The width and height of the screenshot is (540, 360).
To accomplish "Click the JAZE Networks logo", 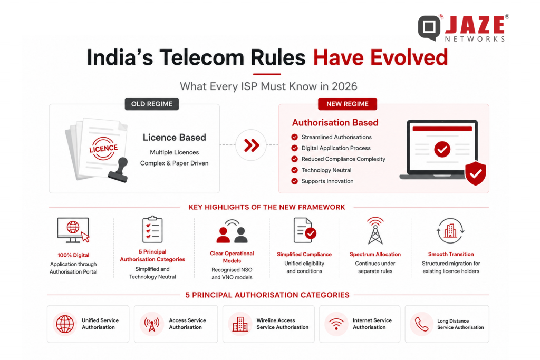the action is [463, 28].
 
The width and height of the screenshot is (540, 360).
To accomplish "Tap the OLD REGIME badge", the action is [151, 104].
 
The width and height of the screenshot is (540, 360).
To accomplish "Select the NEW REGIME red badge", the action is [347, 104].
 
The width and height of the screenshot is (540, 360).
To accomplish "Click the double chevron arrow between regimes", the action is [252, 145].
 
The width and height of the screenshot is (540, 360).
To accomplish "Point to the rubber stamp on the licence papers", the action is [118, 169].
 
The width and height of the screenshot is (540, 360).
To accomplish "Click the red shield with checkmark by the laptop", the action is [475, 173].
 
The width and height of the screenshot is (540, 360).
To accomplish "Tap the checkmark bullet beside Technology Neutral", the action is [294, 170].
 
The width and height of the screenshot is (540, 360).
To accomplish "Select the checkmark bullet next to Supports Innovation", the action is [294, 181].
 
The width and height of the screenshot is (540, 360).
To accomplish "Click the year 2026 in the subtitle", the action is [344, 86].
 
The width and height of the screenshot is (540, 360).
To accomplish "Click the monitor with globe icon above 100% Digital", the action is [73, 230].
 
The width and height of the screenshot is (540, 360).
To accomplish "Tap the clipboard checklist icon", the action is [152, 229].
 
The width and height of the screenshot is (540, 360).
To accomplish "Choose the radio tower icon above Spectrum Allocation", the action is [375, 230].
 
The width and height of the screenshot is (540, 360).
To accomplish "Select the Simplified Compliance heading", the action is [304, 255].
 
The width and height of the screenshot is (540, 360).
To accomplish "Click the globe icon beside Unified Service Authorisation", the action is [65, 324].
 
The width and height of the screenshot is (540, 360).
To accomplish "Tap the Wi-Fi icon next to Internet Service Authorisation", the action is [336, 324].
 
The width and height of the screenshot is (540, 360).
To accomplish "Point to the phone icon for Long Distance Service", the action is [421, 324].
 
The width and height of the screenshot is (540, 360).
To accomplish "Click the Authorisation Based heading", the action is [335, 122].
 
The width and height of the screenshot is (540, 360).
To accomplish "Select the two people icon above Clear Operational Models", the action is [232, 231].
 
